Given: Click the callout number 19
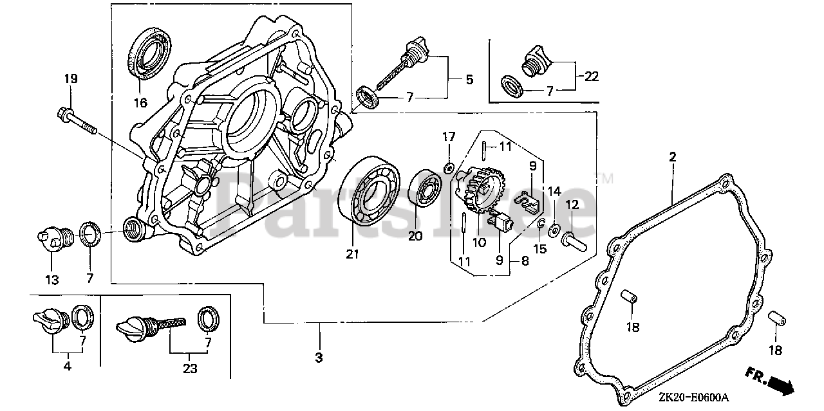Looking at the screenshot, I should [x=70, y=79].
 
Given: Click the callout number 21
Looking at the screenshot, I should [x=351, y=255].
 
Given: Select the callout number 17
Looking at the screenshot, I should [x=448, y=136].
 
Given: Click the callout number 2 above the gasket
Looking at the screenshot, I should [x=672, y=156].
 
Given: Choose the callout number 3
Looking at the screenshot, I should [x=319, y=356].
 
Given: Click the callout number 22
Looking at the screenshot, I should [x=591, y=77].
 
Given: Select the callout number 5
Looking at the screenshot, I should [x=469, y=79].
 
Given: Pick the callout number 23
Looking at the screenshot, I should [x=190, y=369].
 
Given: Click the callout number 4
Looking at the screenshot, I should [x=68, y=367].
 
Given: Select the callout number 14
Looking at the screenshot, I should [x=554, y=190].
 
